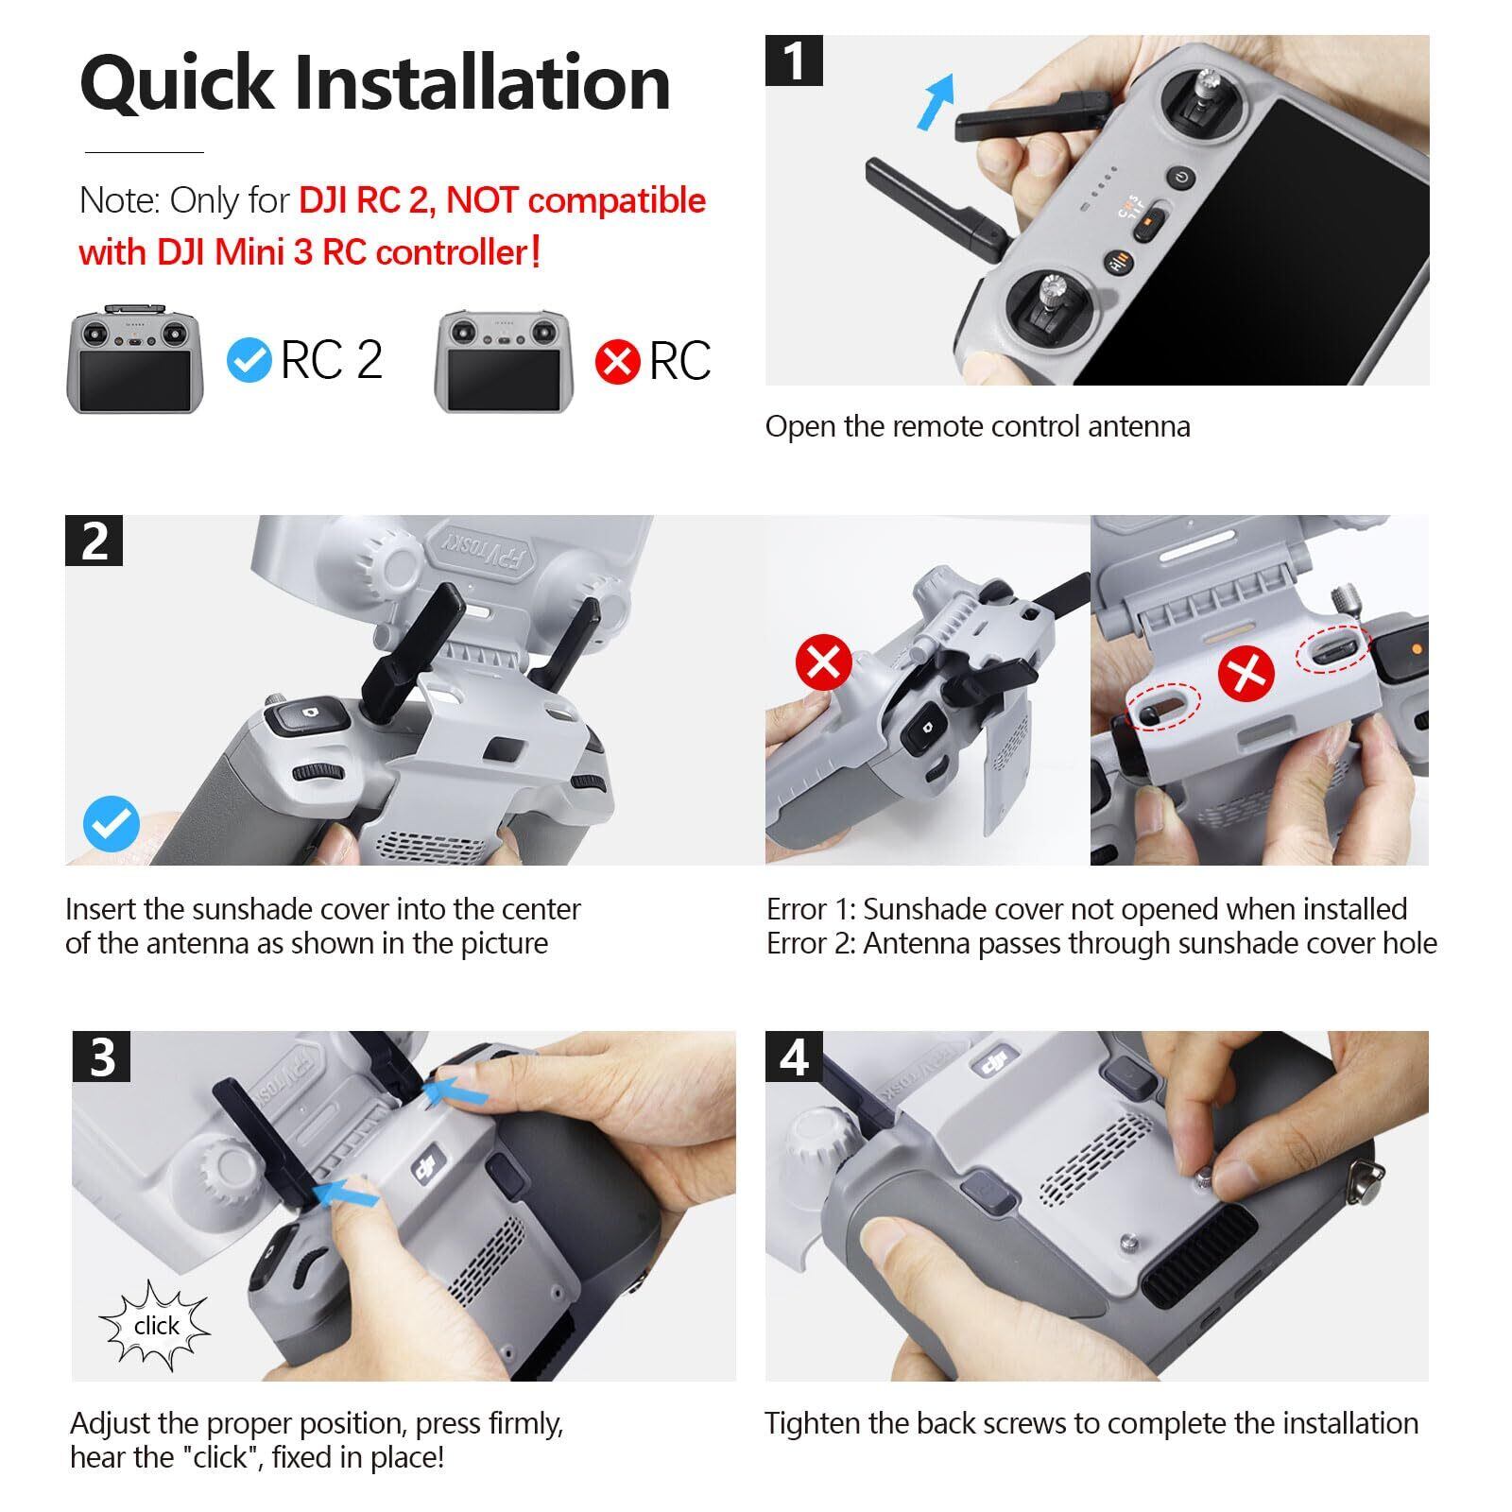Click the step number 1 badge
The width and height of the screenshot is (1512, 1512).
[x=794, y=61]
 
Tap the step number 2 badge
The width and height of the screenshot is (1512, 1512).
[x=94, y=541]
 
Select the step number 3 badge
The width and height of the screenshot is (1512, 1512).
[x=101, y=1057]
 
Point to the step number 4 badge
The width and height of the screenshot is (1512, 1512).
[x=794, y=1057]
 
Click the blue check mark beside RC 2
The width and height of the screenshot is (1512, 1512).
[x=250, y=360]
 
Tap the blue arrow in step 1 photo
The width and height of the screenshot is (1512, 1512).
[x=936, y=102]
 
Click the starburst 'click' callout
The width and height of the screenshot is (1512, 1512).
[x=155, y=1326]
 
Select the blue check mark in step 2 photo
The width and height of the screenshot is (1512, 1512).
[x=112, y=824]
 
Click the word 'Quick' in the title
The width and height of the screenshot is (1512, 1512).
[x=177, y=83]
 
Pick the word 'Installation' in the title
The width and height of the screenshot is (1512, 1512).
[x=482, y=82]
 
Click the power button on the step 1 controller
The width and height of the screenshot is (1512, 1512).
[x=1182, y=178]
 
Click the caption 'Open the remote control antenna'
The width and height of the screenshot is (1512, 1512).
[x=977, y=426]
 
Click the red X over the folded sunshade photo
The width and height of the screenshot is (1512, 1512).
[x=824, y=662]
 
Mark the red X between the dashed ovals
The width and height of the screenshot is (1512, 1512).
[x=1246, y=674]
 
